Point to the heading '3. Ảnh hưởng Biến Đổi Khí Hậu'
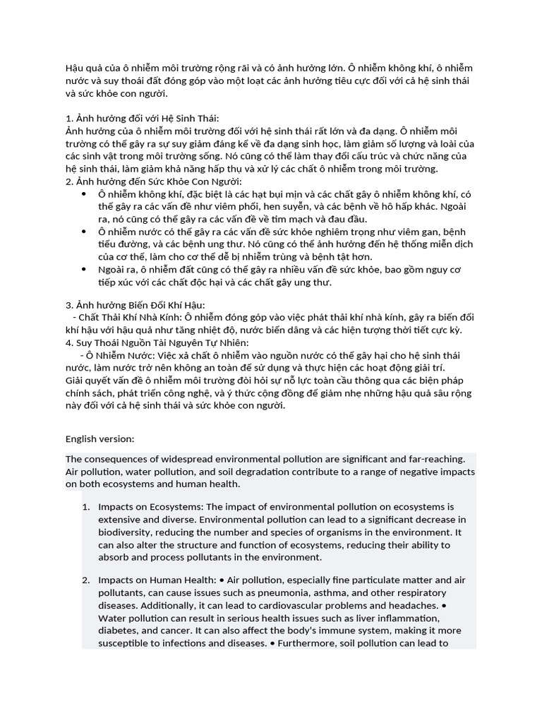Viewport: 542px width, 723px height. (x=134, y=305)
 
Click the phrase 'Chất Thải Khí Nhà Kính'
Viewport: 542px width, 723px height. (x=131, y=317)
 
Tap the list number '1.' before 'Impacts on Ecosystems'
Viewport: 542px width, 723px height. (x=86, y=507)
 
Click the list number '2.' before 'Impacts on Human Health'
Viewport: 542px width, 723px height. (x=86, y=580)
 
